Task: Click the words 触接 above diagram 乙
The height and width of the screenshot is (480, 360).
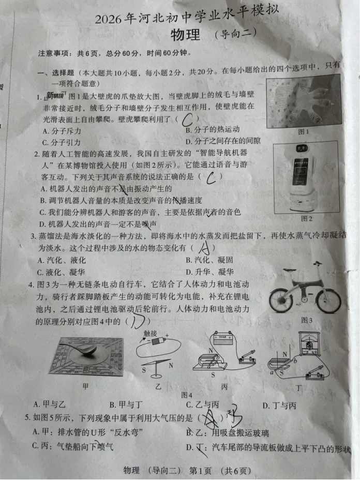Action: point(149,334)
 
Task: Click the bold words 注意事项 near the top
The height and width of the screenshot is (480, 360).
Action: point(55,53)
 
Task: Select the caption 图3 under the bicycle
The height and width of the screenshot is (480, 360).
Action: point(307,320)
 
